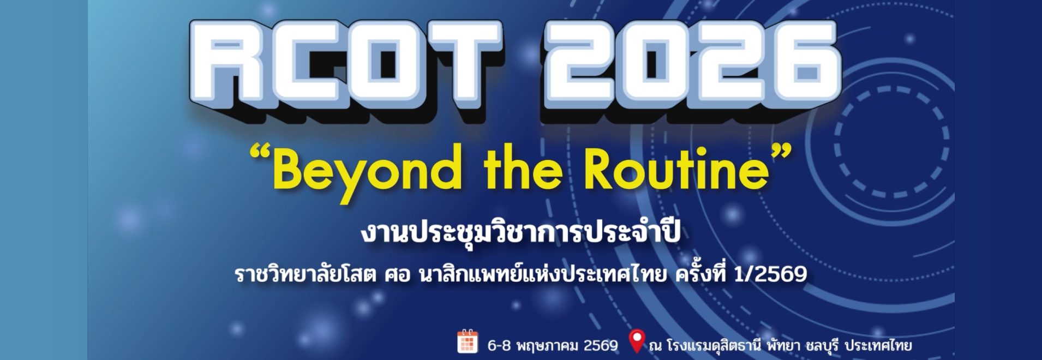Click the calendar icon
[x=468, y=341]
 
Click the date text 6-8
[x=499, y=346]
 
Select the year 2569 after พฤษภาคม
[x=601, y=346]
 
